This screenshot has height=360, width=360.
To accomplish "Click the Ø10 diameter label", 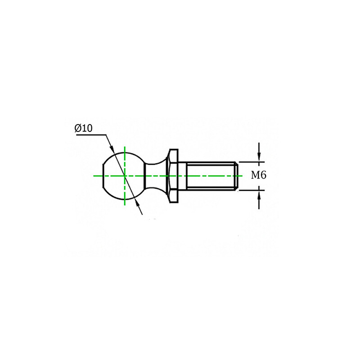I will (84, 128).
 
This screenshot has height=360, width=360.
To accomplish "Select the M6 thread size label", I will (259, 175).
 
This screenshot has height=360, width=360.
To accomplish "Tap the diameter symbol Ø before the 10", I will (78, 128).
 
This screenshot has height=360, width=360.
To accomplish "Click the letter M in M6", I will (255, 175).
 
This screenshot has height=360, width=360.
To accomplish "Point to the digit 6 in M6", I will (263, 175).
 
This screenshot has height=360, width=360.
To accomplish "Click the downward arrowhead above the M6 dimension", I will (259, 157).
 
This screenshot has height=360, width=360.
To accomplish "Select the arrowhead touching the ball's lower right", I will (138, 203).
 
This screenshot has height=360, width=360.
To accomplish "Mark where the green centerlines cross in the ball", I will (124, 175).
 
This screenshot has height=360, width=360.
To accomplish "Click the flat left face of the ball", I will (103, 175).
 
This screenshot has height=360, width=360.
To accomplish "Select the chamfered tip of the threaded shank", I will (235, 175).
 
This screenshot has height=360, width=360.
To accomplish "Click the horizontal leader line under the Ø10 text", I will (90, 134).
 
